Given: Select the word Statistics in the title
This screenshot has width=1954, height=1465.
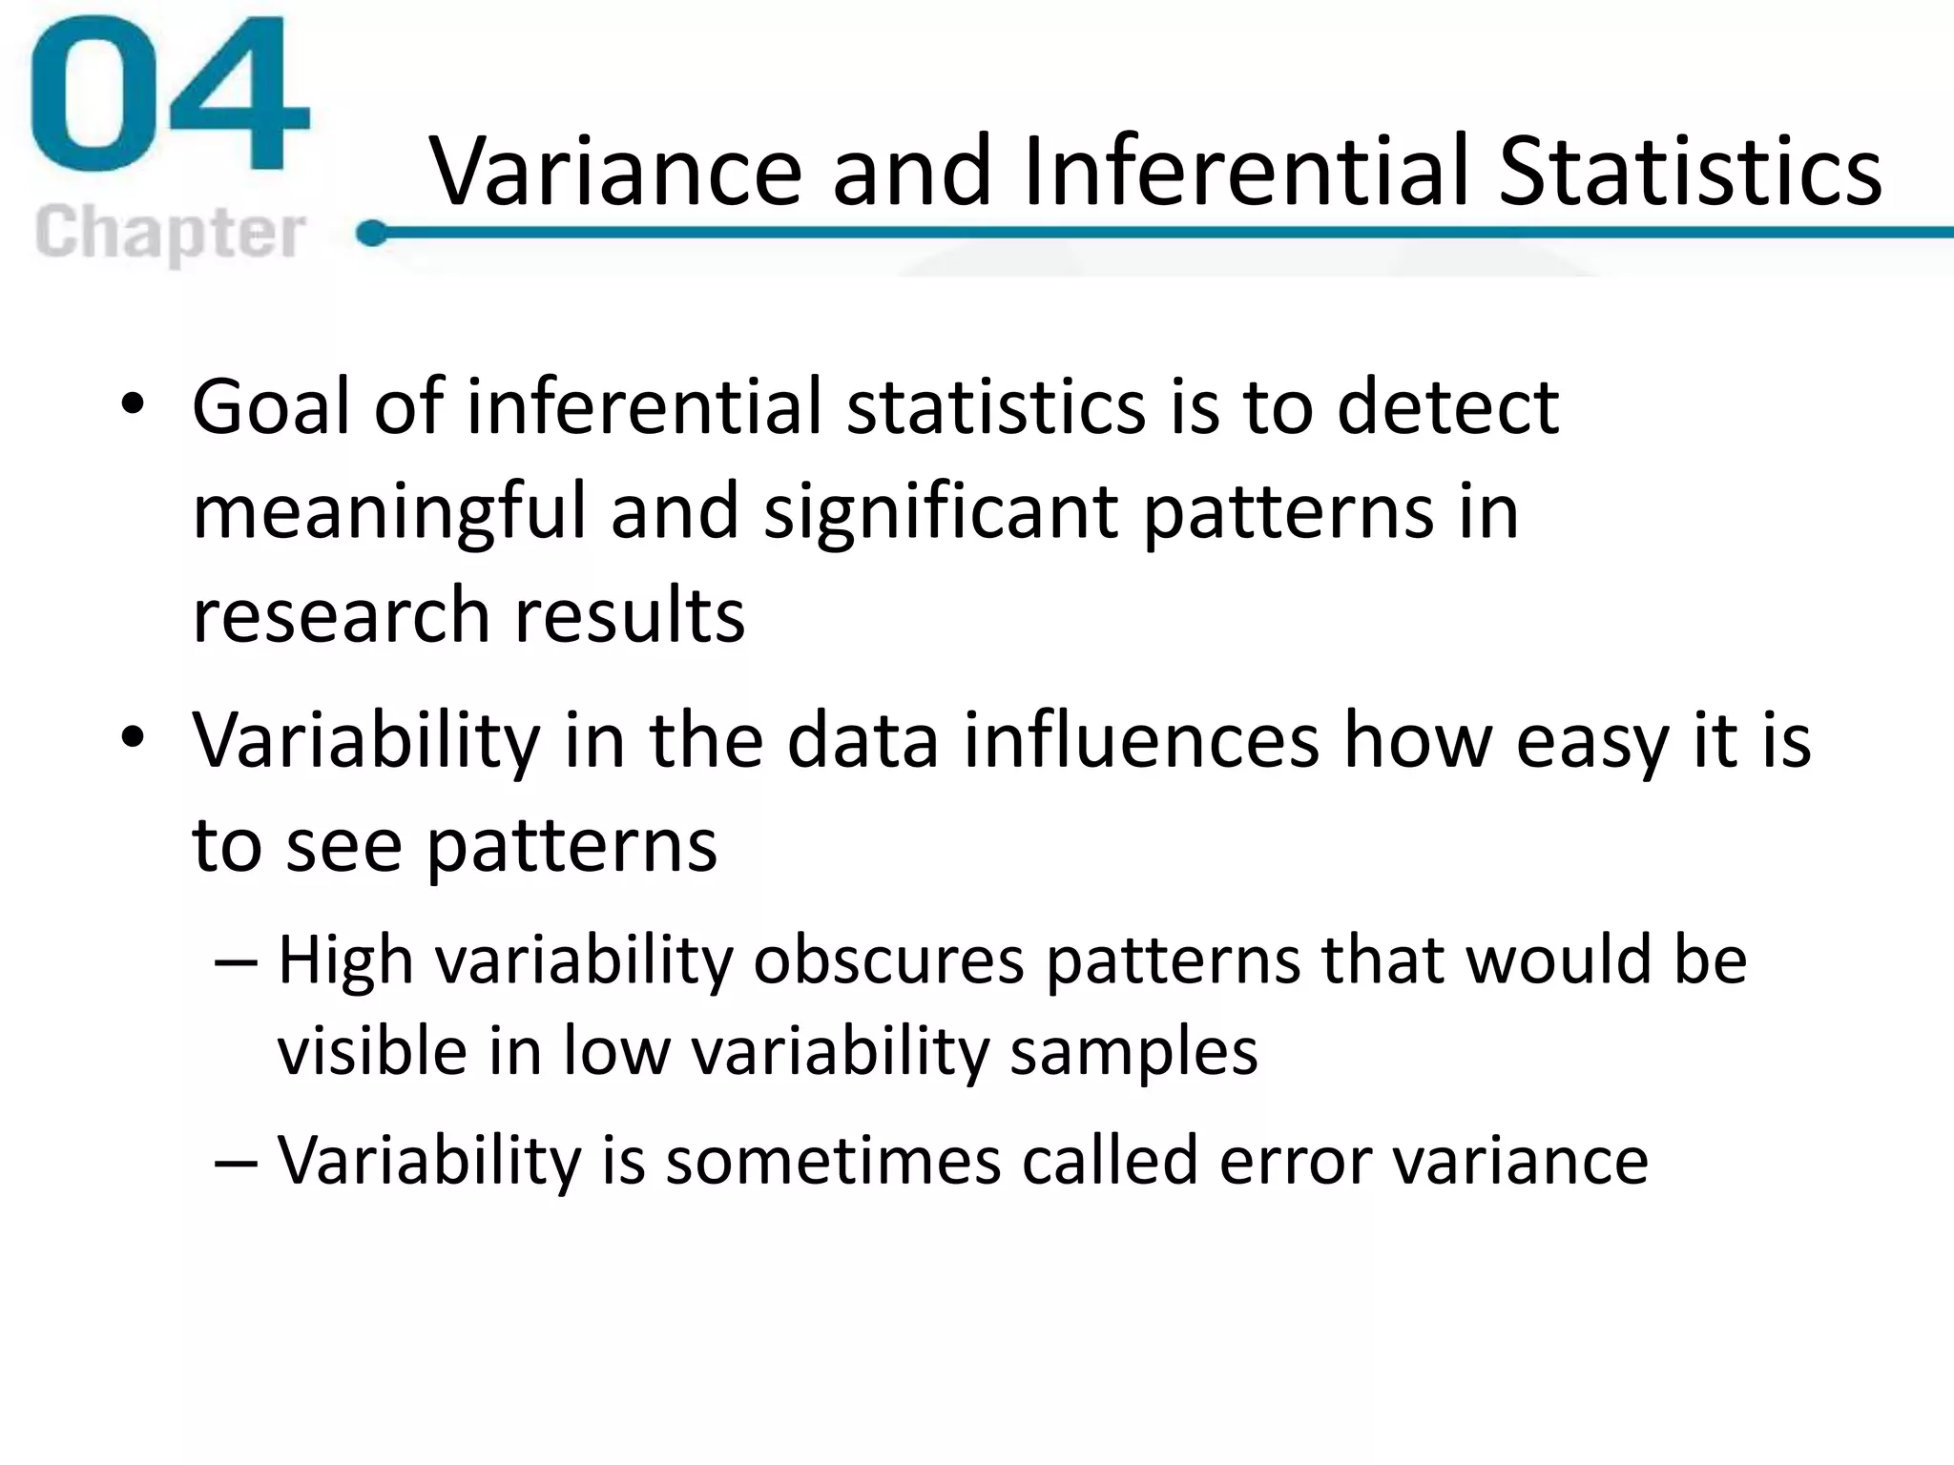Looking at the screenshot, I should pyautogui.click(x=1690, y=172).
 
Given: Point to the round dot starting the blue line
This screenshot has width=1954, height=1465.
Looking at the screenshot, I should pyautogui.click(x=372, y=233).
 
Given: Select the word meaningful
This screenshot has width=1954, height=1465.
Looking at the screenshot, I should pyautogui.click(x=388, y=512).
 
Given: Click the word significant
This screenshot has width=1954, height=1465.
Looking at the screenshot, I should pyautogui.click(x=941, y=512).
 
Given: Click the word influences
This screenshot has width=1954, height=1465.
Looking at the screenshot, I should pyautogui.click(x=1141, y=740).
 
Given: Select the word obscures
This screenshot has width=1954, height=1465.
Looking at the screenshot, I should pyautogui.click(x=888, y=960).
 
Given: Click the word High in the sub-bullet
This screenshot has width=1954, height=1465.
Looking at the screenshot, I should pyautogui.click(x=345, y=960).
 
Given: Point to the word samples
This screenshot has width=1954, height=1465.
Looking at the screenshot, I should pyautogui.click(x=1133, y=1052).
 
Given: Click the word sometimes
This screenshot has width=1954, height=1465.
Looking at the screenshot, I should pyautogui.click(x=833, y=1161).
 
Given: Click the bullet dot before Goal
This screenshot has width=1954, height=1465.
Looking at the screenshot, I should pyautogui.click(x=133, y=406).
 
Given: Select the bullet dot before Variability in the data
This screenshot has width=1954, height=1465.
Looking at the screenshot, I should pyautogui.click(x=133, y=738).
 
